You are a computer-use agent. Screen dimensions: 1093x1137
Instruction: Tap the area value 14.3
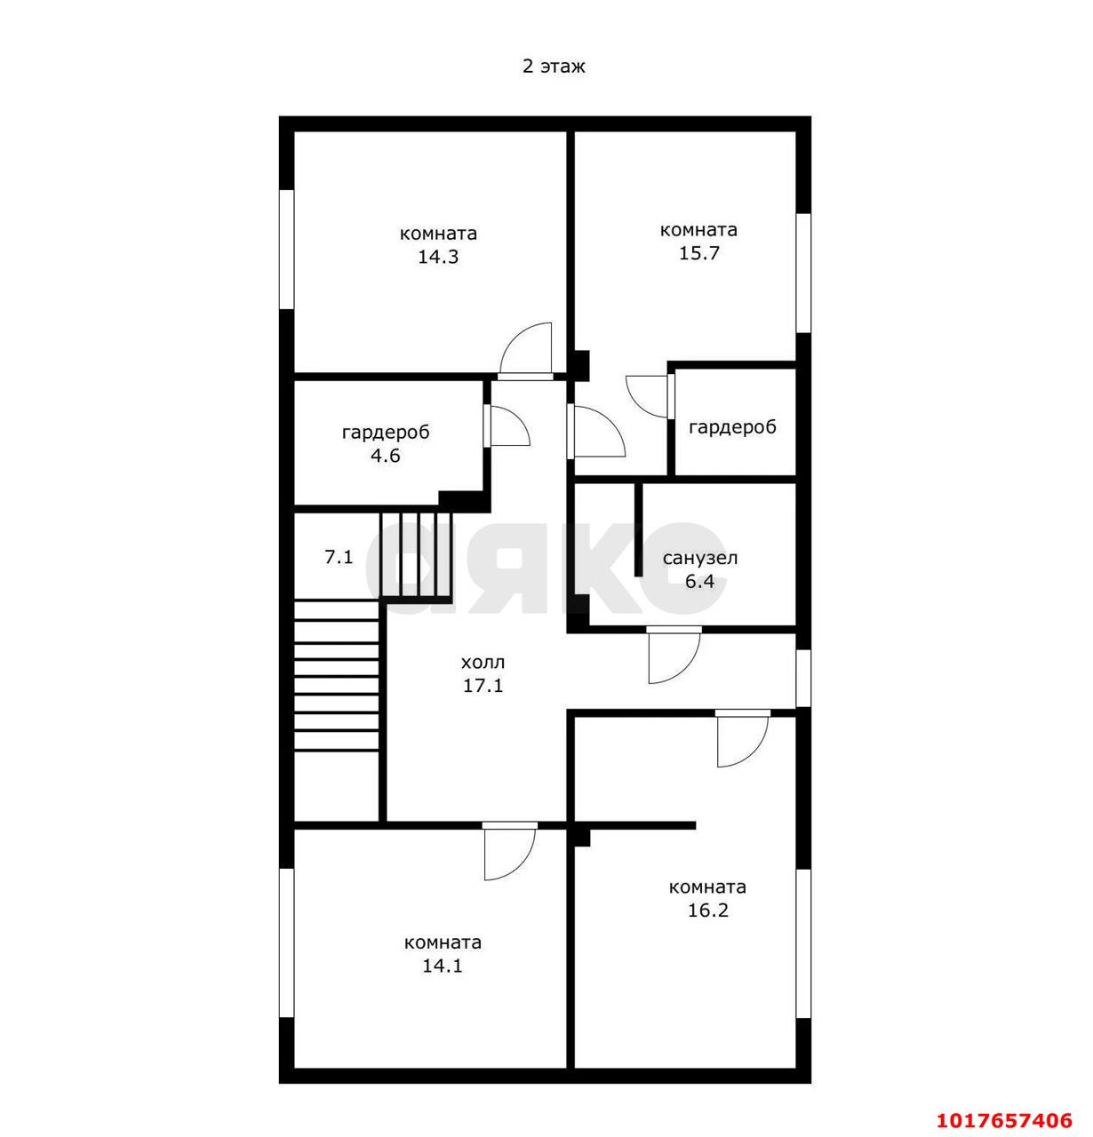click(x=438, y=257)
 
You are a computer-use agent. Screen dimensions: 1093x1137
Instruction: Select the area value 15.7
click(x=698, y=253)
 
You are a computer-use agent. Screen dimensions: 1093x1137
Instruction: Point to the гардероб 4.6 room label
click(x=386, y=444)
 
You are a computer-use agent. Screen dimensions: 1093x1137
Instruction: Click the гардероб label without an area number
click(x=733, y=427)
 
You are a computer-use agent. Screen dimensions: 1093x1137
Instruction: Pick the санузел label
click(x=700, y=559)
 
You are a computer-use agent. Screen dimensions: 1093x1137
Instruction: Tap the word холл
click(x=483, y=663)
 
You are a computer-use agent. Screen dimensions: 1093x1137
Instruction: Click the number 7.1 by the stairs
click(x=339, y=558)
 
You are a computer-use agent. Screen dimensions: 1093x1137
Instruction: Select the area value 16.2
click(x=708, y=910)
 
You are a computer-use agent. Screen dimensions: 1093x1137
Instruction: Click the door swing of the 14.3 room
click(x=526, y=349)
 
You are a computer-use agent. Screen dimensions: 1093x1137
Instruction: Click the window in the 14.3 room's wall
click(x=286, y=250)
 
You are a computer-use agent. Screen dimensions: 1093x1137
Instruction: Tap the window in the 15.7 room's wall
click(x=803, y=273)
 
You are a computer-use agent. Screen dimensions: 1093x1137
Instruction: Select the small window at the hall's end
click(x=803, y=678)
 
